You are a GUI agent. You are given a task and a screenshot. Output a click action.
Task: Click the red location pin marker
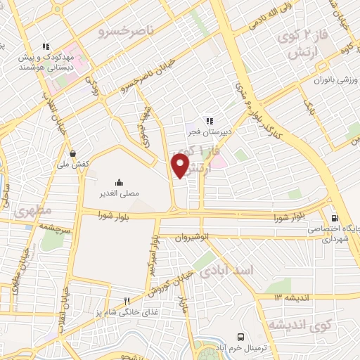tap(180, 166)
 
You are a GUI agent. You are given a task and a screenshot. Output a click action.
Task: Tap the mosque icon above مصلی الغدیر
tap(118, 180)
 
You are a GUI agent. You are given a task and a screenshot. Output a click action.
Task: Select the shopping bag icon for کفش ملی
tap(73, 152)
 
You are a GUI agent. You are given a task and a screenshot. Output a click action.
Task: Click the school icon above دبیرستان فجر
tap(209, 121)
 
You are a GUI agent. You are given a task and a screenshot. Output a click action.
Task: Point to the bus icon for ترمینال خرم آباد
tap(241, 337)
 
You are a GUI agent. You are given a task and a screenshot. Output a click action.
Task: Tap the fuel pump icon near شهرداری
tap(335, 218)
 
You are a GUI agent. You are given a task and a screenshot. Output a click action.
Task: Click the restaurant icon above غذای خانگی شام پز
tap(127, 300)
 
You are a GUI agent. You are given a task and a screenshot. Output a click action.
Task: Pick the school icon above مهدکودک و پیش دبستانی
tap(44, 47)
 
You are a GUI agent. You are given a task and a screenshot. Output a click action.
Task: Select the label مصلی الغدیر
tap(118, 191)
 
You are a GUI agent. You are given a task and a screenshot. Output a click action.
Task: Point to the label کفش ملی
tap(79, 163)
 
